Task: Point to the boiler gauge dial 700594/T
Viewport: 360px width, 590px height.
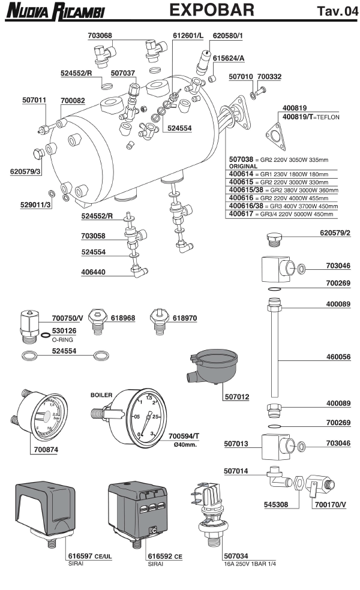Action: [145, 417]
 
